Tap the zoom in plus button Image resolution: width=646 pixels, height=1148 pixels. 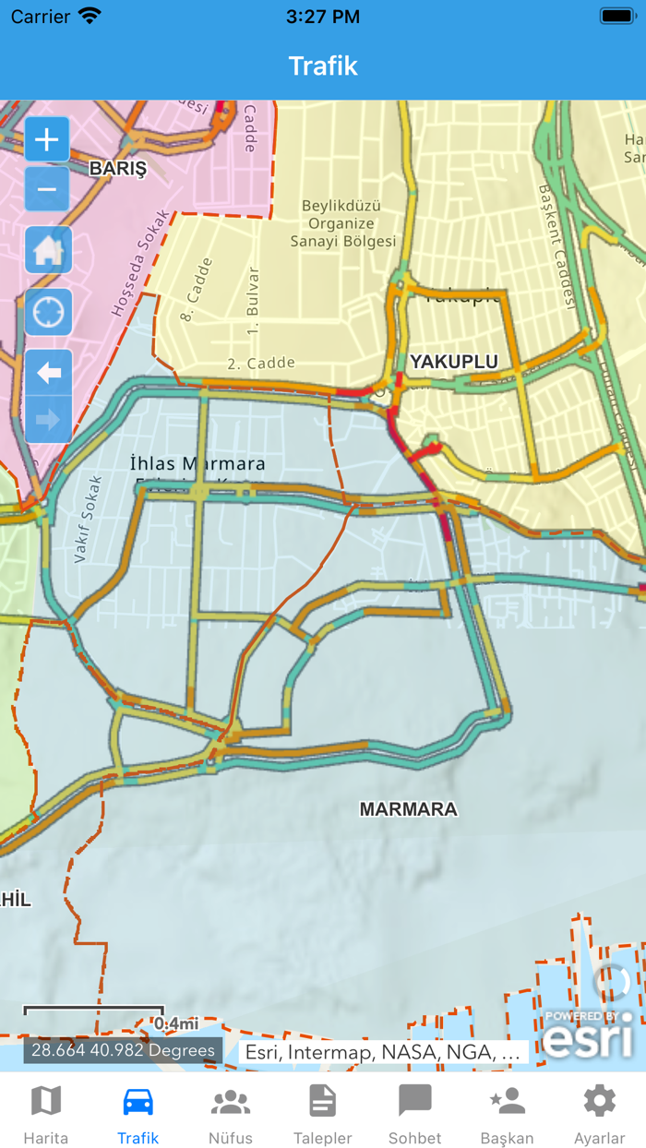47,140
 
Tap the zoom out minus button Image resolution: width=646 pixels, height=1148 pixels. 47,189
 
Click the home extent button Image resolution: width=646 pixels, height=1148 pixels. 48,251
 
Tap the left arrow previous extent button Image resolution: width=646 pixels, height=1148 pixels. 48,373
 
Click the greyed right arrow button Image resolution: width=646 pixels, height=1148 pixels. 48,421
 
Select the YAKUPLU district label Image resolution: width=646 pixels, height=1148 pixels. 454,362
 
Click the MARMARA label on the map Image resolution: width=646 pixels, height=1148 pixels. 408,809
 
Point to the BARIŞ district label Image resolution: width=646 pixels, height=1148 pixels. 117,169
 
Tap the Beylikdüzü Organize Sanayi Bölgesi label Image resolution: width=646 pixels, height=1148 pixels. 342,223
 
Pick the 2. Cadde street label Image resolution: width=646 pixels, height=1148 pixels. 261,364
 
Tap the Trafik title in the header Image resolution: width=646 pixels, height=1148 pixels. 323,66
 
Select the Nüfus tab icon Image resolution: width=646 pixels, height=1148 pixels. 231,1102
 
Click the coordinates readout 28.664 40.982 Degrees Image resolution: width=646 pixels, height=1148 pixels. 123,1050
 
